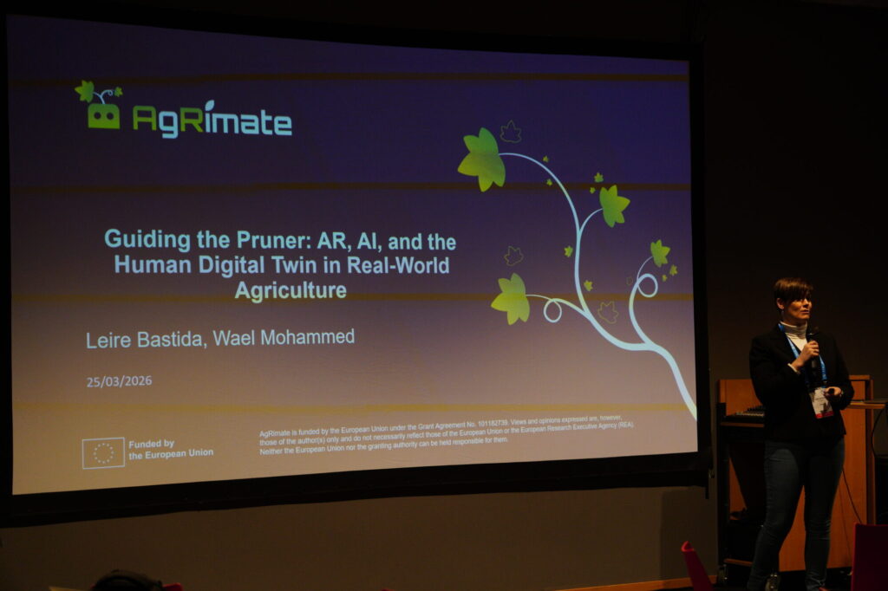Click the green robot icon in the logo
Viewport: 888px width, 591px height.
pos(103,114)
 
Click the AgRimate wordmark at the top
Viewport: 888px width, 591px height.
pos(212,120)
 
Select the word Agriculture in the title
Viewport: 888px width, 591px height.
pos(291,290)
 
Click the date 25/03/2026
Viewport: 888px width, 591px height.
pos(119,381)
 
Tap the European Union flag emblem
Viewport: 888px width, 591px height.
pos(103,452)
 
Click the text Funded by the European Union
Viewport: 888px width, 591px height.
pos(170,448)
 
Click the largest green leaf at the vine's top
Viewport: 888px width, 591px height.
pos(482,159)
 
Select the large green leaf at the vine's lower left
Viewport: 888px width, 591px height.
pos(512,297)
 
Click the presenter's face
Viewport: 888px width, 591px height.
pos(795,304)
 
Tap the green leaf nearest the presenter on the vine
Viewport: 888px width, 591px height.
pos(660,252)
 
